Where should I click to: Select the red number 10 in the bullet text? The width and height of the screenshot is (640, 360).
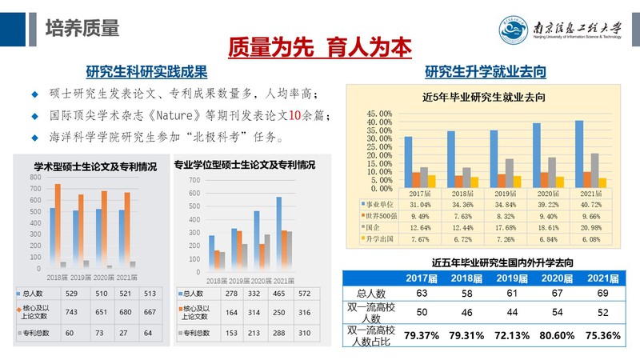tap(293, 114)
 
